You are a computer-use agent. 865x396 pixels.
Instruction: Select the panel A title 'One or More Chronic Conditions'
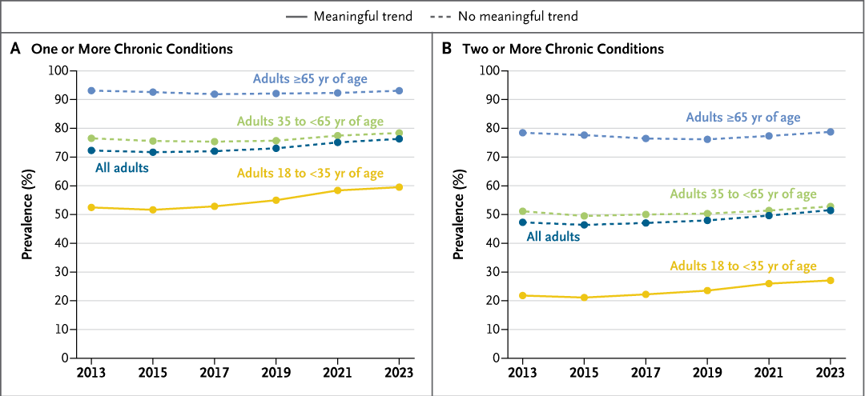(132, 49)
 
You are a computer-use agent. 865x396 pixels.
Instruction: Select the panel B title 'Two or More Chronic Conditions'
(563, 49)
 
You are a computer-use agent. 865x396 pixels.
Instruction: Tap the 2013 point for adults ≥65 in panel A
(91, 90)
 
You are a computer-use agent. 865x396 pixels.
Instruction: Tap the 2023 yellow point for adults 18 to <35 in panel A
(398, 187)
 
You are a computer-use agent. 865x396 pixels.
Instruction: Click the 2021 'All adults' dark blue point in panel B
(769, 215)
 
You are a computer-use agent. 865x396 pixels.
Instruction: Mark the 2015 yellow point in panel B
(585, 298)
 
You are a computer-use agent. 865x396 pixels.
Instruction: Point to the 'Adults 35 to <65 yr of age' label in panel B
(743, 194)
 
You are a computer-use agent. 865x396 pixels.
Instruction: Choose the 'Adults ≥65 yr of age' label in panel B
(742, 118)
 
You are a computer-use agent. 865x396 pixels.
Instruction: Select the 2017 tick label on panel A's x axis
(214, 374)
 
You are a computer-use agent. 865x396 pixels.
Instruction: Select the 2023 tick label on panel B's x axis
(830, 374)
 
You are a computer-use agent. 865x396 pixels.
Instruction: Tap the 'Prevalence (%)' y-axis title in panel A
(27, 214)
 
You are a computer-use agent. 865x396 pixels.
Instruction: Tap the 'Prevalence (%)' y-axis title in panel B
(459, 214)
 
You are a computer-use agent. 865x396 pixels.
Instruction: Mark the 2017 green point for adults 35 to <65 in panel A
(214, 142)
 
